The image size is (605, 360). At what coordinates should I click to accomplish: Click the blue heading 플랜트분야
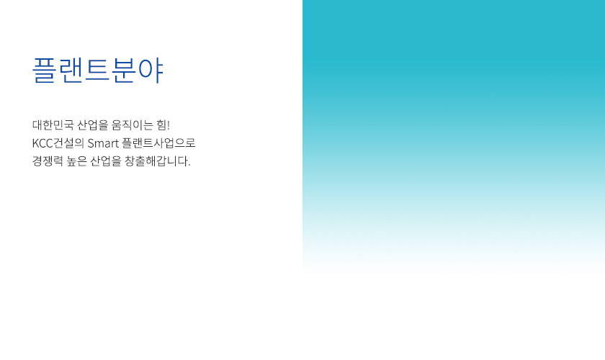click(x=98, y=71)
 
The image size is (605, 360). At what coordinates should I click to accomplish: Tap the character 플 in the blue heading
click(x=45, y=71)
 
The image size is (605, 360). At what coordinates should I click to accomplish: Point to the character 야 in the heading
click(x=151, y=71)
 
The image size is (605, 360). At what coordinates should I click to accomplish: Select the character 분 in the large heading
click(x=124, y=71)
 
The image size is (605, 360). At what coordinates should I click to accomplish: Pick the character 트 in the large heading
click(x=98, y=71)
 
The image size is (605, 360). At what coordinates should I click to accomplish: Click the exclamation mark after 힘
click(x=169, y=125)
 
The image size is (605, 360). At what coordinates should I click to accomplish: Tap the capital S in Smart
click(x=91, y=143)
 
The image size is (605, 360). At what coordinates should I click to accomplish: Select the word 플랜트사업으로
click(x=159, y=143)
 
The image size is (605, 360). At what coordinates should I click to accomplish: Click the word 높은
click(x=78, y=161)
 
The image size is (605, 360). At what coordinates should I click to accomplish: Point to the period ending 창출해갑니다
click(x=189, y=165)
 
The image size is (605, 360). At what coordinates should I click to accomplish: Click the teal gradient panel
click(x=454, y=108)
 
